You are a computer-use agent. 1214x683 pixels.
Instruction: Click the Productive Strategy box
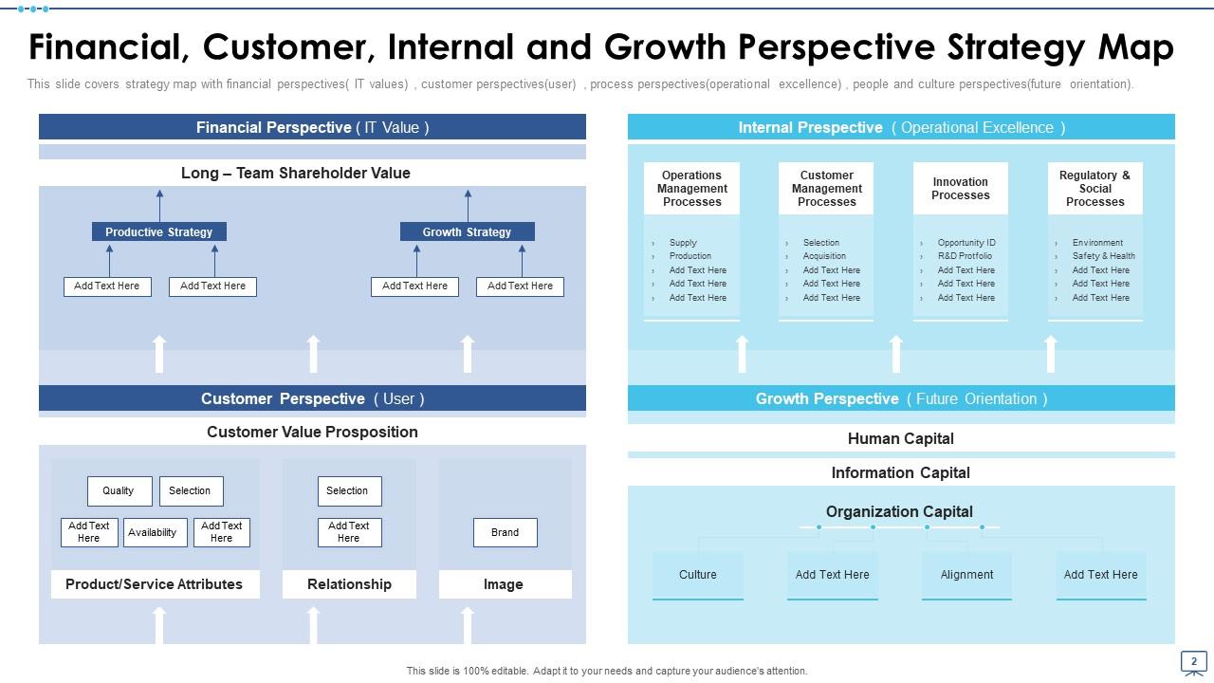pyautogui.click(x=158, y=231)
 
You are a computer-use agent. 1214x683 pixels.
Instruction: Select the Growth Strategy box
pyautogui.click(x=467, y=231)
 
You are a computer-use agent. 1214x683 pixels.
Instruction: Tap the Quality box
pyautogui.click(x=119, y=490)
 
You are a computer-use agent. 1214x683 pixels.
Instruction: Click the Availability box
pyautogui.click(x=152, y=532)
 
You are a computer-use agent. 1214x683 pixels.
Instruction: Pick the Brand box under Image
pyautogui.click(x=505, y=532)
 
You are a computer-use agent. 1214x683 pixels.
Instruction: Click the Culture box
pyautogui.click(x=697, y=575)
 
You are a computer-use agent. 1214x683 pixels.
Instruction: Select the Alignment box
pyautogui.click(x=966, y=575)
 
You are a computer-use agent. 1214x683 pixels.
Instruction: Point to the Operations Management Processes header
pyautogui.click(x=691, y=188)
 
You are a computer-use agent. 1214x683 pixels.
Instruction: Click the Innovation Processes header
pyautogui.click(x=960, y=188)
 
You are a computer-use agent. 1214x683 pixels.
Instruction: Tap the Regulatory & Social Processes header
pyautogui.click(x=1094, y=188)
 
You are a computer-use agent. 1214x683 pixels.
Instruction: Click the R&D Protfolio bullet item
pyautogui.click(x=965, y=256)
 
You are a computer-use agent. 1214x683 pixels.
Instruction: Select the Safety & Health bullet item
pyautogui.click(x=1103, y=256)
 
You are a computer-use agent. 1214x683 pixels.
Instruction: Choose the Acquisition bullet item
pyautogui.click(x=824, y=256)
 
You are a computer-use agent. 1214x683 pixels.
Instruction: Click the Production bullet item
pyautogui.click(x=690, y=256)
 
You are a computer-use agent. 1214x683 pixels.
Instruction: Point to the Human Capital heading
pyautogui.click(x=900, y=438)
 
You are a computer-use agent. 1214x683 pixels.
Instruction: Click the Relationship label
pyautogui.click(x=349, y=584)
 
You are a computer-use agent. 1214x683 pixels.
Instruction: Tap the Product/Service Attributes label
pyautogui.click(x=154, y=584)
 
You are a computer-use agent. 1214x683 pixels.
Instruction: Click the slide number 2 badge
pyautogui.click(x=1193, y=661)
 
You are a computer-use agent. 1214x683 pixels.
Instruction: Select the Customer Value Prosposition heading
pyautogui.click(x=312, y=432)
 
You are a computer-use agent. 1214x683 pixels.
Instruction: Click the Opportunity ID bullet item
pyautogui.click(x=966, y=243)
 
